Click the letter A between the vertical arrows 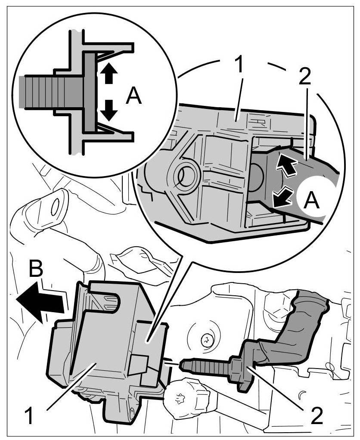pyautogui.click(x=133, y=96)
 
